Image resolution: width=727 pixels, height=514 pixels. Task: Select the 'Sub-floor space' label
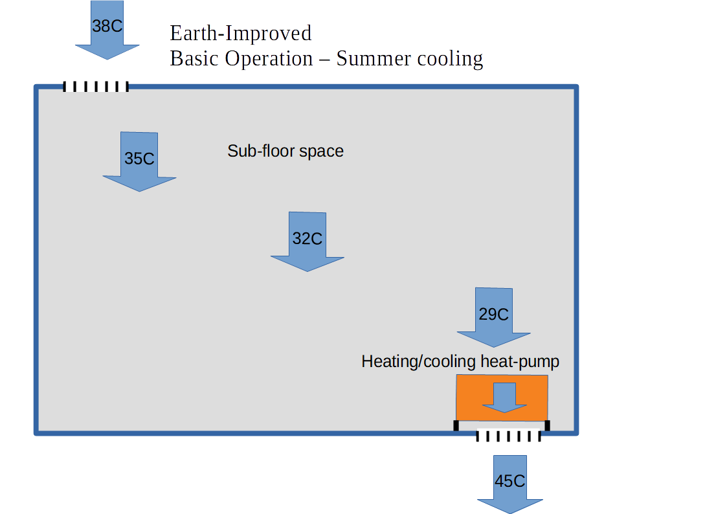point(285,151)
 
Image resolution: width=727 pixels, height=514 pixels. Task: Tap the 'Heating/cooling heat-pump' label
point(460,361)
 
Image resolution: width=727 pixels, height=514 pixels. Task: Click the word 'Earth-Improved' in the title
point(240,32)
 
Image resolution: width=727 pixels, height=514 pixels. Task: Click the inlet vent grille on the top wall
point(96,87)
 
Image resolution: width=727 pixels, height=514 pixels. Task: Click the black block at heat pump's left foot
point(456,425)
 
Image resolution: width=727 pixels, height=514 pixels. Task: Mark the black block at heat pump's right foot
point(547,425)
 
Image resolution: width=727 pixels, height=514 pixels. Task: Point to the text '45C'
point(510,482)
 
